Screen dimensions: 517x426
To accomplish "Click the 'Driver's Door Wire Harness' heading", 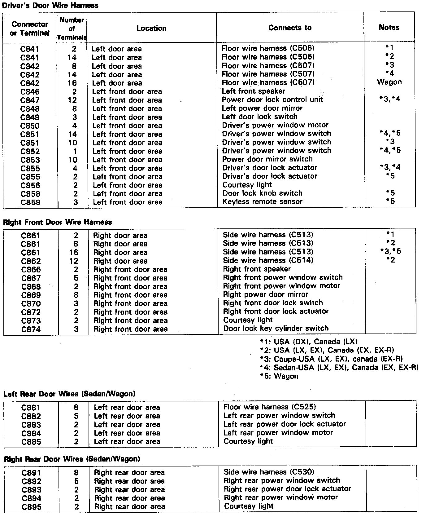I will (x=50, y=5).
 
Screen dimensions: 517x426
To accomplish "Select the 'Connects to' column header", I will (x=290, y=28).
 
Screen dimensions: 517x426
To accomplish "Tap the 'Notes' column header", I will (x=389, y=27).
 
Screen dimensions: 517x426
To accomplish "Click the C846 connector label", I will (x=30, y=92).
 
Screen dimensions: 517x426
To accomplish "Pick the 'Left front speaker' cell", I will (x=253, y=91).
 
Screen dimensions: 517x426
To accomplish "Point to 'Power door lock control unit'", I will (x=272, y=99).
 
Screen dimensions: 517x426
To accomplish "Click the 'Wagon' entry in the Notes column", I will (x=389, y=82).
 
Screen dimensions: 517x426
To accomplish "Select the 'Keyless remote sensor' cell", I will (x=262, y=202).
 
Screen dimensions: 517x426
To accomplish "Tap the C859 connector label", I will (x=30, y=203).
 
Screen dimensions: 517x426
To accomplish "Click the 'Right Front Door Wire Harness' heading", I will (x=57, y=222).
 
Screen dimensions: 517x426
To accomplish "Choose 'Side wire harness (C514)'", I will (x=268, y=260).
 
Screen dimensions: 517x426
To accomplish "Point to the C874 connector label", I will (x=31, y=329).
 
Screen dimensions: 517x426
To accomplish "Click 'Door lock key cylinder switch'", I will (x=276, y=328).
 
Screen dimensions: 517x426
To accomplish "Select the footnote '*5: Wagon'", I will (x=279, y=376).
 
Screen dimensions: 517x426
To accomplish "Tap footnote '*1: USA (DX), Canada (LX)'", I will (x=308, y=342).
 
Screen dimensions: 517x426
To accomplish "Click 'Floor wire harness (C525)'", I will (x=269, y=407).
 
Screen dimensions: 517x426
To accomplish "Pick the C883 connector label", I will (x=31, y=425).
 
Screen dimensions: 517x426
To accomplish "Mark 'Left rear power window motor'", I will (x=278, y=433).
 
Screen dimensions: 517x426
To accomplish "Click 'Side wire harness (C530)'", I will (x=269, y=472).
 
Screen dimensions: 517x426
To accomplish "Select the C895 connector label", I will (x=31, y=507).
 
